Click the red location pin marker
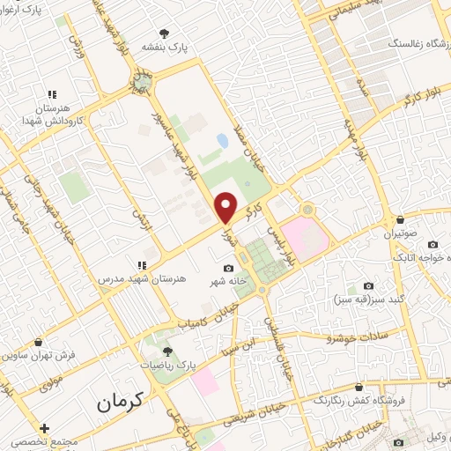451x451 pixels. tap(226, 207)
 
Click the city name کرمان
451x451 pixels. tap(114, 403)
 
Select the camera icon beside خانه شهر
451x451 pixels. tap(229, 268)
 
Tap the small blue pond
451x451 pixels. tap(222, 139)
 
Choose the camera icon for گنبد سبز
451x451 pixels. tap(368, 286)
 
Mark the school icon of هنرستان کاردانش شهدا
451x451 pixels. tap(52, 94)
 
